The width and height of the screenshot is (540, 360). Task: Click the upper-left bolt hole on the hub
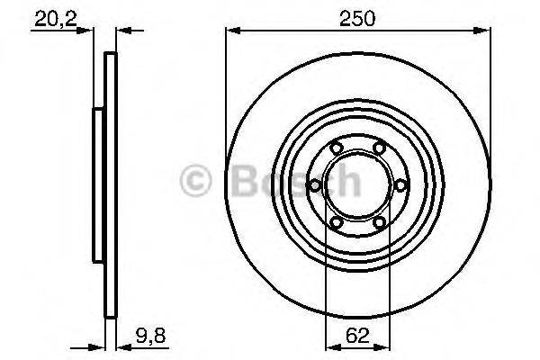click(x=336, y=148)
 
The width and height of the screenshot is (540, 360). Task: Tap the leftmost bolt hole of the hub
click(x=315, y=185)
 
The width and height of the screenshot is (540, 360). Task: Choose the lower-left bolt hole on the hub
click(x=336, y=222)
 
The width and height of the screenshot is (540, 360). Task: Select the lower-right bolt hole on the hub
click(x=379, y=222)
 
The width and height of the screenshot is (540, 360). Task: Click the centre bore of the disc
click(x=357, y=185)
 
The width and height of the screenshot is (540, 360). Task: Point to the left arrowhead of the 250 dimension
click(x=229, y=30)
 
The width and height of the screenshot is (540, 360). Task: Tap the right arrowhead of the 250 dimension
click(x=485, y=30)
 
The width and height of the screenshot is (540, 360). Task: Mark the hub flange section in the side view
click(x=97, y=184)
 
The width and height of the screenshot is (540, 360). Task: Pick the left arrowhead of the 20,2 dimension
click(x=88, y=30)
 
